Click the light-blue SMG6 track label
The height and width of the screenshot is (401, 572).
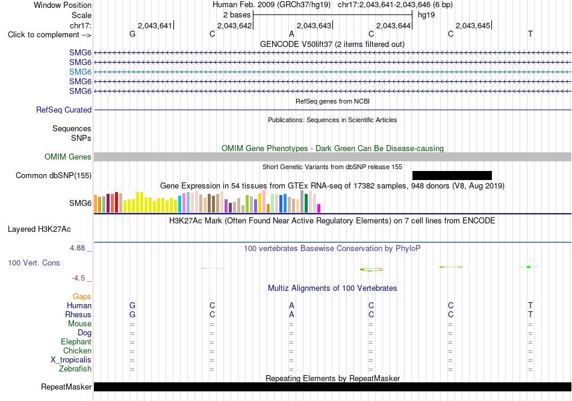click(x=80, y=72)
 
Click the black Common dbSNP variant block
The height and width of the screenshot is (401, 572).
click(x=452, y=175)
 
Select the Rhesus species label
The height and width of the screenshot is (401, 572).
click(x=78, y=314)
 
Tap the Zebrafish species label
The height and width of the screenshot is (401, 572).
click(x=75, y=368)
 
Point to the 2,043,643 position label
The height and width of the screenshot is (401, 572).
click(x=314, y=25)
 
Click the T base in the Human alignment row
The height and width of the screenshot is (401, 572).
click(x=530, y=305)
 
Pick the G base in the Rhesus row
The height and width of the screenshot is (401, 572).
click(x=132, y=314)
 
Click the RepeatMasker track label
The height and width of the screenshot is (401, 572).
click(x=66, y=387)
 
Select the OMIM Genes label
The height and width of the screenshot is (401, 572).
click(x=68, y=157)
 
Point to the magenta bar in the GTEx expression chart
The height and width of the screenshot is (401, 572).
click(x=319, y=208)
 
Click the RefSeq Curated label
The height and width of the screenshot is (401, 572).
click(x=64, y=110)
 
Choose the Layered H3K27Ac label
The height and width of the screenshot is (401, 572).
click(x=39, y=229)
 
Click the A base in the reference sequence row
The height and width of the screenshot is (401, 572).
click(x=291, y=34)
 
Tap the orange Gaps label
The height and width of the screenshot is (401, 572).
click(x=82, y=297)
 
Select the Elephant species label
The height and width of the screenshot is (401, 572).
click(x=76, y=341)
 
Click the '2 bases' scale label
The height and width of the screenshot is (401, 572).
click(x=237, y=15)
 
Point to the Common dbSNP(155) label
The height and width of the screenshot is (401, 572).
click(x=54, y=175)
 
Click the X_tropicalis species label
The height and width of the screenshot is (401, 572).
click(x=71, y=360)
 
